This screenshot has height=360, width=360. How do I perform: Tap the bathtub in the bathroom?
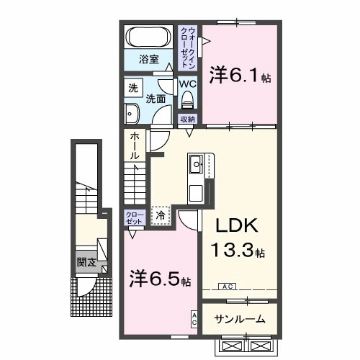point(148,37)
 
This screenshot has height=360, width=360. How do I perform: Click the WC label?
point(187,84)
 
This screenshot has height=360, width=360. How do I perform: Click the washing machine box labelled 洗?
point(132,89)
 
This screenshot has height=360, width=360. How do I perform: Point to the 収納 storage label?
point(187,120)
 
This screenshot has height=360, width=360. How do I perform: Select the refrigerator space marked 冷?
point(161,215)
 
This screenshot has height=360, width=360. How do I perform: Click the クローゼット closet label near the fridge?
point(135,217)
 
